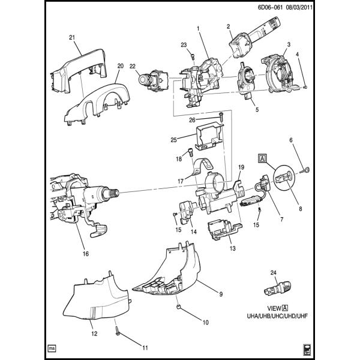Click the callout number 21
[72, 38]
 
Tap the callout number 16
[85, 254]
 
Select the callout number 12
[94, 334]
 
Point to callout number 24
[274, 274]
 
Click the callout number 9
[221, 294]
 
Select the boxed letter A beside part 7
[263, 158]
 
